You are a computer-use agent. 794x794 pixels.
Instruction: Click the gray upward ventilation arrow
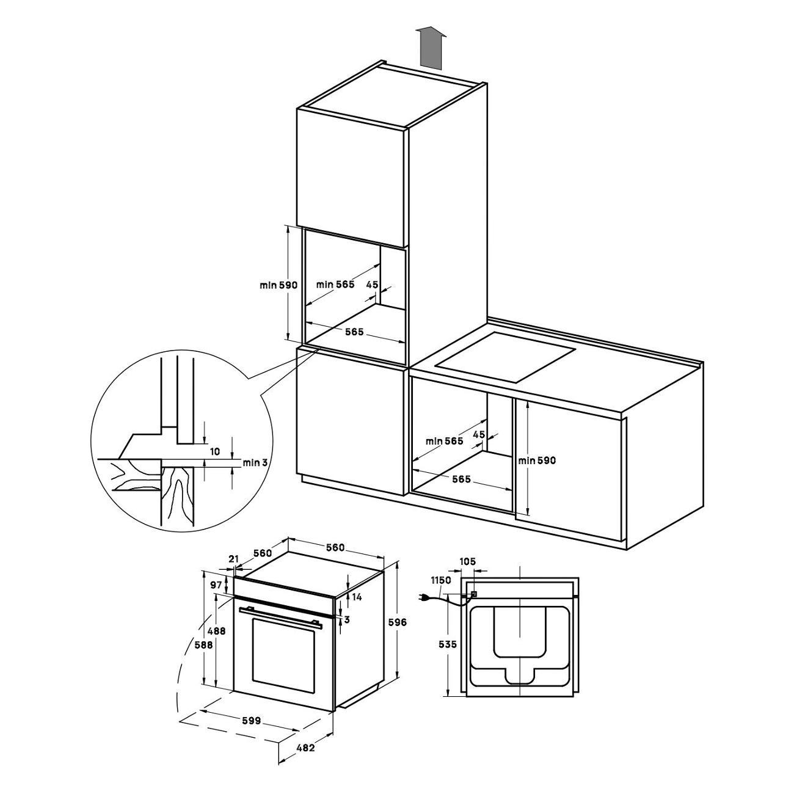click(x=431, y=48)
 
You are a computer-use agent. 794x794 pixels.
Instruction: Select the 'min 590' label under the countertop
click(x=537, y=461)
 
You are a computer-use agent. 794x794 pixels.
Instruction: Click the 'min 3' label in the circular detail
click(x=255, y=462)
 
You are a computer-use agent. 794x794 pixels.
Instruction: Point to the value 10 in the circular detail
click(x=214, y=451)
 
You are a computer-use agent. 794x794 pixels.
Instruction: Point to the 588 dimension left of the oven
click(x=203, y=645)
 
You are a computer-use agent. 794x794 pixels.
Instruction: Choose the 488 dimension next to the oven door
click(x=216, y=630)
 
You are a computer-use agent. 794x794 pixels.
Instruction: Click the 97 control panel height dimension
click(x=216, y=585)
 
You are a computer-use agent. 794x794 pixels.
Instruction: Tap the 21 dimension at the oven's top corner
click(x=234, y=559)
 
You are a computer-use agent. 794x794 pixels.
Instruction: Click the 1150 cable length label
click(x=441, y=580)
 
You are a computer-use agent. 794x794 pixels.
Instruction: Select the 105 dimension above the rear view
click(x=467, y=561)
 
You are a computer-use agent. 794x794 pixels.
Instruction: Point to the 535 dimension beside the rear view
click(x=447, y=644)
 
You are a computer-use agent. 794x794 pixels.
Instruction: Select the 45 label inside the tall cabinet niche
click(x=372, y=284)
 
